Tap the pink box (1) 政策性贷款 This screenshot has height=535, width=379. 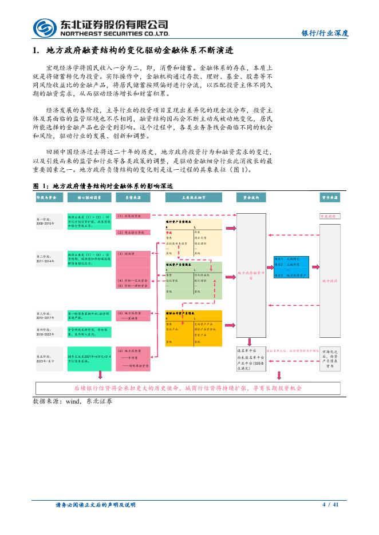132,216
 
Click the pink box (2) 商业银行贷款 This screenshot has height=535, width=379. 132,233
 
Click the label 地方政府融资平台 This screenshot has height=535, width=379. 251,274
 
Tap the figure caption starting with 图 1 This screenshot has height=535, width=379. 103,186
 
